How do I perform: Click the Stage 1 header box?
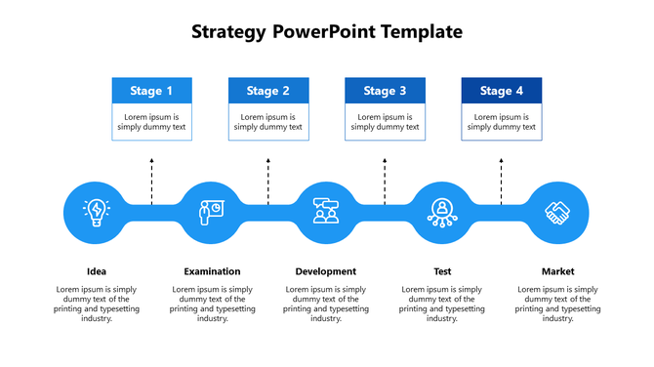(x=151, y=91)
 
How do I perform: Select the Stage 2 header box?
(x=268, y=91)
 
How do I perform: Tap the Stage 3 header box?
(x=385, y=91)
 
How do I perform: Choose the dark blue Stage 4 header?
(x=501, y=91)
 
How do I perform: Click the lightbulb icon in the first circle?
(x=97, y=211)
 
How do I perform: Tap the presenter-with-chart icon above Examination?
(x=210, y=211)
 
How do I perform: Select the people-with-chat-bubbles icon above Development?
(x=326, y=211)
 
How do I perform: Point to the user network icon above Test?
(x=442, y=211)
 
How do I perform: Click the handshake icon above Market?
(x=558, y=211)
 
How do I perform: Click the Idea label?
(x=97, y=271)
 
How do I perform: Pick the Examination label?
(x=212, y=271)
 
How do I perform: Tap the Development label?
(x=326, y=271)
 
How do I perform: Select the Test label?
(x=442, y=271)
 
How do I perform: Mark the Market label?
(x=558, y=271)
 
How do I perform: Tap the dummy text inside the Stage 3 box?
(x=385, y=122)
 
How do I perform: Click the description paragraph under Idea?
(x=97, y=304)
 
